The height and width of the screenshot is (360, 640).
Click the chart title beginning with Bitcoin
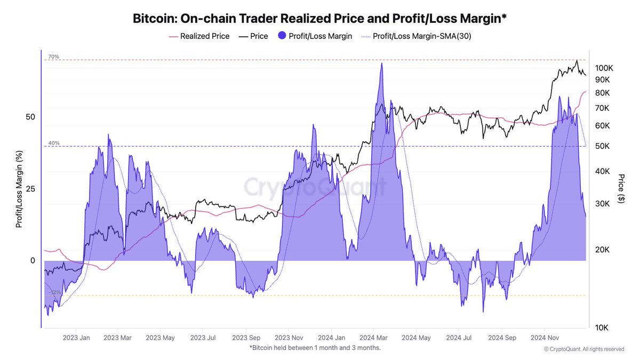coord(319,19)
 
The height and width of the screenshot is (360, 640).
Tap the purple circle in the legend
coord(283,36)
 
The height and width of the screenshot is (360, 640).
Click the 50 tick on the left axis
coord(31,117)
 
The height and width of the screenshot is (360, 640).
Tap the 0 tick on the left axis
coord(33,260)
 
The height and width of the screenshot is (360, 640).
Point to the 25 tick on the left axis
coord(31,189)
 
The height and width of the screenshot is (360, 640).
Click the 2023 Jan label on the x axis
coord(76,338)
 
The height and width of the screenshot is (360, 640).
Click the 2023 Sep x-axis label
coord(246,338)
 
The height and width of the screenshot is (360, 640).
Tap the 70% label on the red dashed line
coord(53,57)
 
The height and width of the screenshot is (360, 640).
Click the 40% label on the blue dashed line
coord(53,143)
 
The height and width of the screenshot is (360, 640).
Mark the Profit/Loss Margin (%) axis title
coord(19,189)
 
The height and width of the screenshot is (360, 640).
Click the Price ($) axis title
coord(621,188)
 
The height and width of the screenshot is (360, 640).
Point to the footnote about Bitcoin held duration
coord(315,348)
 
